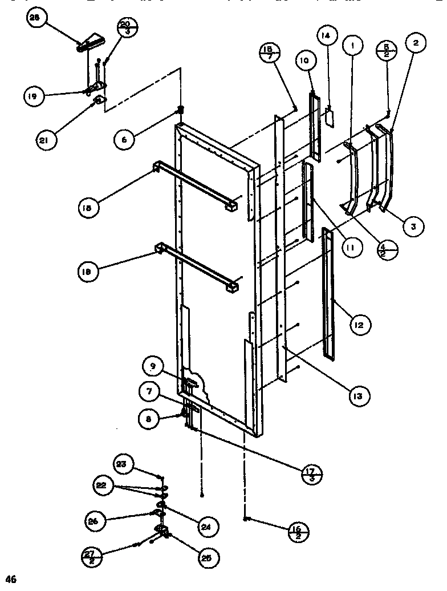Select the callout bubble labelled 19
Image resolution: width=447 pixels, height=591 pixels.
click(34, 96)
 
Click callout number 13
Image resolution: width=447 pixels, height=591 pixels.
click(361, 395)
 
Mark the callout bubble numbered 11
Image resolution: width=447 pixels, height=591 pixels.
click(352, 248)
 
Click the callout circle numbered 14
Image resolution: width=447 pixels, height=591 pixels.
click(326, 37)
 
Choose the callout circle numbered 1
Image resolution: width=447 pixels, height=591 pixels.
click(353, 44)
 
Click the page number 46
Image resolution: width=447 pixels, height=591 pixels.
click(12, 580)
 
